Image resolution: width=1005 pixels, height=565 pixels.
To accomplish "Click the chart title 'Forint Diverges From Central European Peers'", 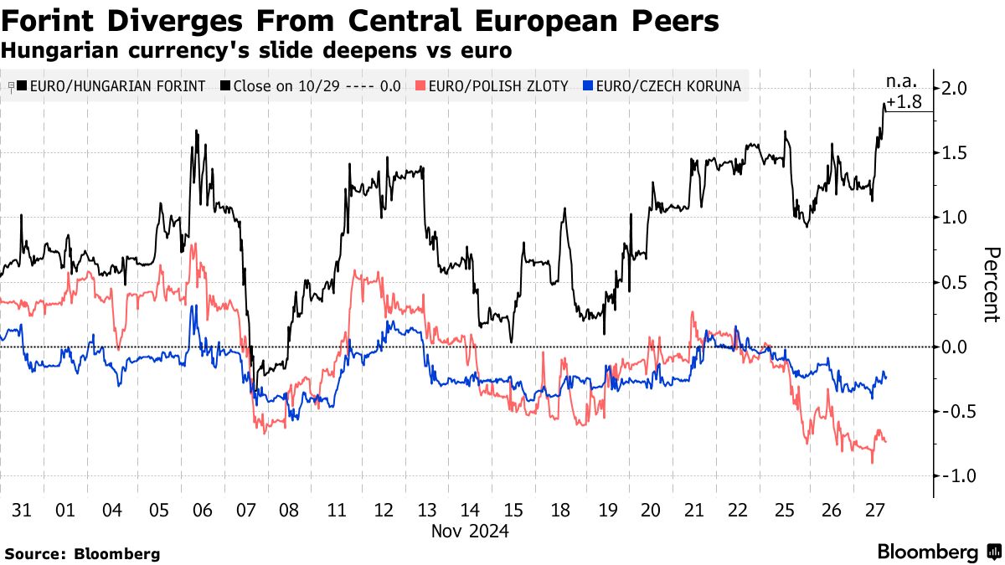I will (360, 21).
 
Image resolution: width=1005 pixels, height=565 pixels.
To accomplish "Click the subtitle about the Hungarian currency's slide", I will (256, 50).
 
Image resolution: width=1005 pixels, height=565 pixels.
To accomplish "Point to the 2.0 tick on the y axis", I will (956, 88).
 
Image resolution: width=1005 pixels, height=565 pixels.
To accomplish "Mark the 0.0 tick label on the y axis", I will (956, 347).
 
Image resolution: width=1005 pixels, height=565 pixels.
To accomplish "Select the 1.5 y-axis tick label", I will (956, 152).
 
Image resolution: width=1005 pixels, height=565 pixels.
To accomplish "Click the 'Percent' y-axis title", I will (991, 285).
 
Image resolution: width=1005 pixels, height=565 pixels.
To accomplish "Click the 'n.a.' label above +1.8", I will (902, 82).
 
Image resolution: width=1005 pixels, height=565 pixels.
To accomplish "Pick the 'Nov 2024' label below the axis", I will (470, 531).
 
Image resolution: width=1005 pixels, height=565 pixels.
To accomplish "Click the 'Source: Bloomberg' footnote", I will (81, 553).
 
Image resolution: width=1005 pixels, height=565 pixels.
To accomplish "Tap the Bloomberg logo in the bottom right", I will (938, 552).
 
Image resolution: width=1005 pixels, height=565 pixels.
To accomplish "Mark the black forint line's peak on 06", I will (196, 131).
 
